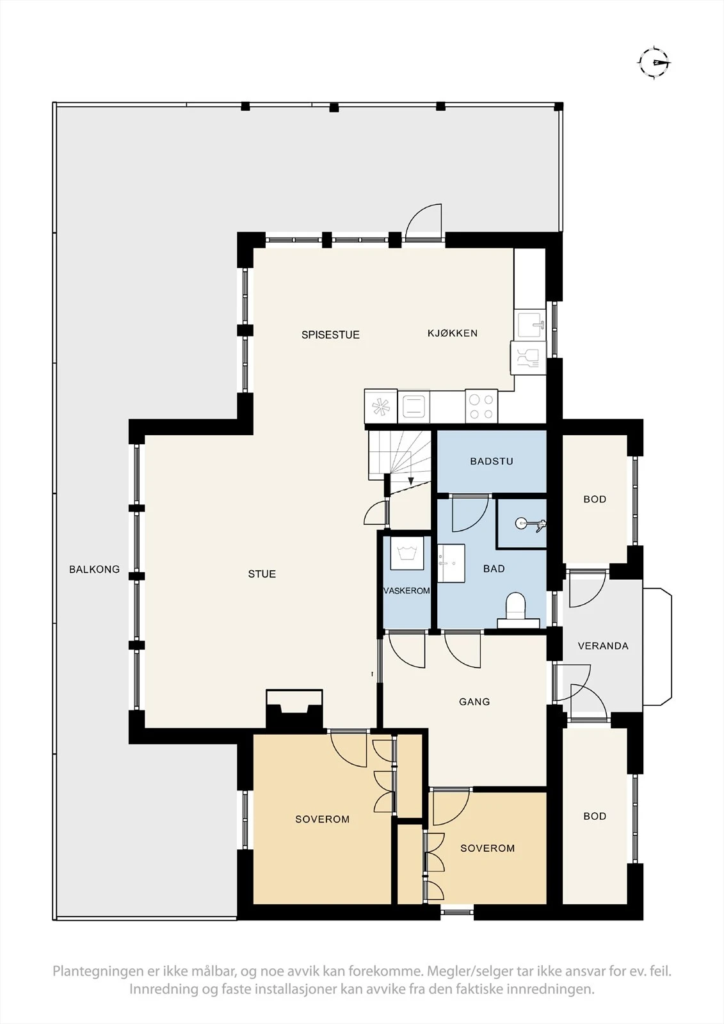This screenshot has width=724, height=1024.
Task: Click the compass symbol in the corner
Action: pos(655,63)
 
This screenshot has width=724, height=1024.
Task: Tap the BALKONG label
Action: pos(94,569)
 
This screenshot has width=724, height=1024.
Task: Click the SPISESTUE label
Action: pos(330,335)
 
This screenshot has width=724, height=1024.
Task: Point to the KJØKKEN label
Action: pos(453,333)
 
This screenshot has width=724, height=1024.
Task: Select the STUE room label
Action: pos(262,573)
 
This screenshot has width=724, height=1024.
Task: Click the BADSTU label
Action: pos(492,461)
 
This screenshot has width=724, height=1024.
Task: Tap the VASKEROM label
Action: pos(406,591)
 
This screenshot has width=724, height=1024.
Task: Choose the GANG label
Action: pos(474,701)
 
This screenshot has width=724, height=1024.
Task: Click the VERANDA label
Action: pos(603,646)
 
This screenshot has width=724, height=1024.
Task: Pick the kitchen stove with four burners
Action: pos(481,406)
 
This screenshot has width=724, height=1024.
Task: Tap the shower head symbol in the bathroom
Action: pos(530,524)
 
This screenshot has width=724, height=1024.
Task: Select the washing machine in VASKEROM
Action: pos(407,553)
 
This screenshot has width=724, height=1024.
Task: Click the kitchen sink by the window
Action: pos(530,325)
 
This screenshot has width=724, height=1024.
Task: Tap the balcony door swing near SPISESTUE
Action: pos(424,221)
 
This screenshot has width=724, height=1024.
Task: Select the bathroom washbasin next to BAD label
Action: pos(451,563)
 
